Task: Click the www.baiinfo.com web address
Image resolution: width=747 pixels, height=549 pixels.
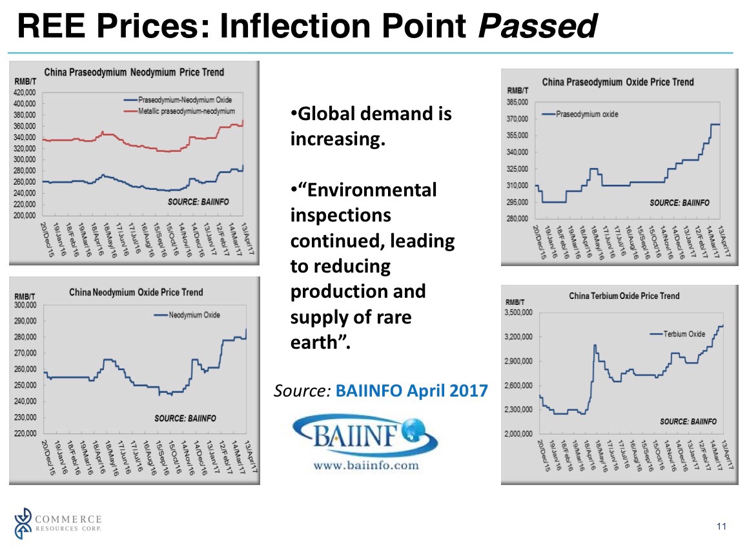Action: point(365,465)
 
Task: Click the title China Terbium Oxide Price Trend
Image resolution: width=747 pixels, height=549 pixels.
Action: point(624,296)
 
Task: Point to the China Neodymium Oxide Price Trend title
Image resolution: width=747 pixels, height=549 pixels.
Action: point(136,292)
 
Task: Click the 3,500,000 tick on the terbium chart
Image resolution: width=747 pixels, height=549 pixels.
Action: point(517,313)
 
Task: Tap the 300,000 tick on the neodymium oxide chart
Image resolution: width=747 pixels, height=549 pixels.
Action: point(26,305)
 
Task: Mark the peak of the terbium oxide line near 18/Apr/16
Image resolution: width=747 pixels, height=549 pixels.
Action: point(595,346)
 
